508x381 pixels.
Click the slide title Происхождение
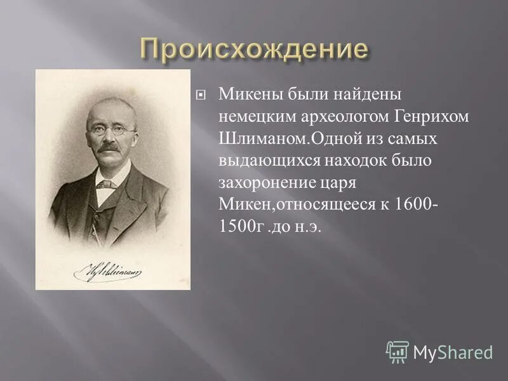coord(254,49)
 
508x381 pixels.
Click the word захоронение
coord(262,184)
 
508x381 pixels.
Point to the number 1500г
coord(240,227)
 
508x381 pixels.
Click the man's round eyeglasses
coord(112,130)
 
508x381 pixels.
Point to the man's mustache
coord(109,148)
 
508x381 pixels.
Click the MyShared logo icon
coord(398,351)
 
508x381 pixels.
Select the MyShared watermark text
coord(453,352)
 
